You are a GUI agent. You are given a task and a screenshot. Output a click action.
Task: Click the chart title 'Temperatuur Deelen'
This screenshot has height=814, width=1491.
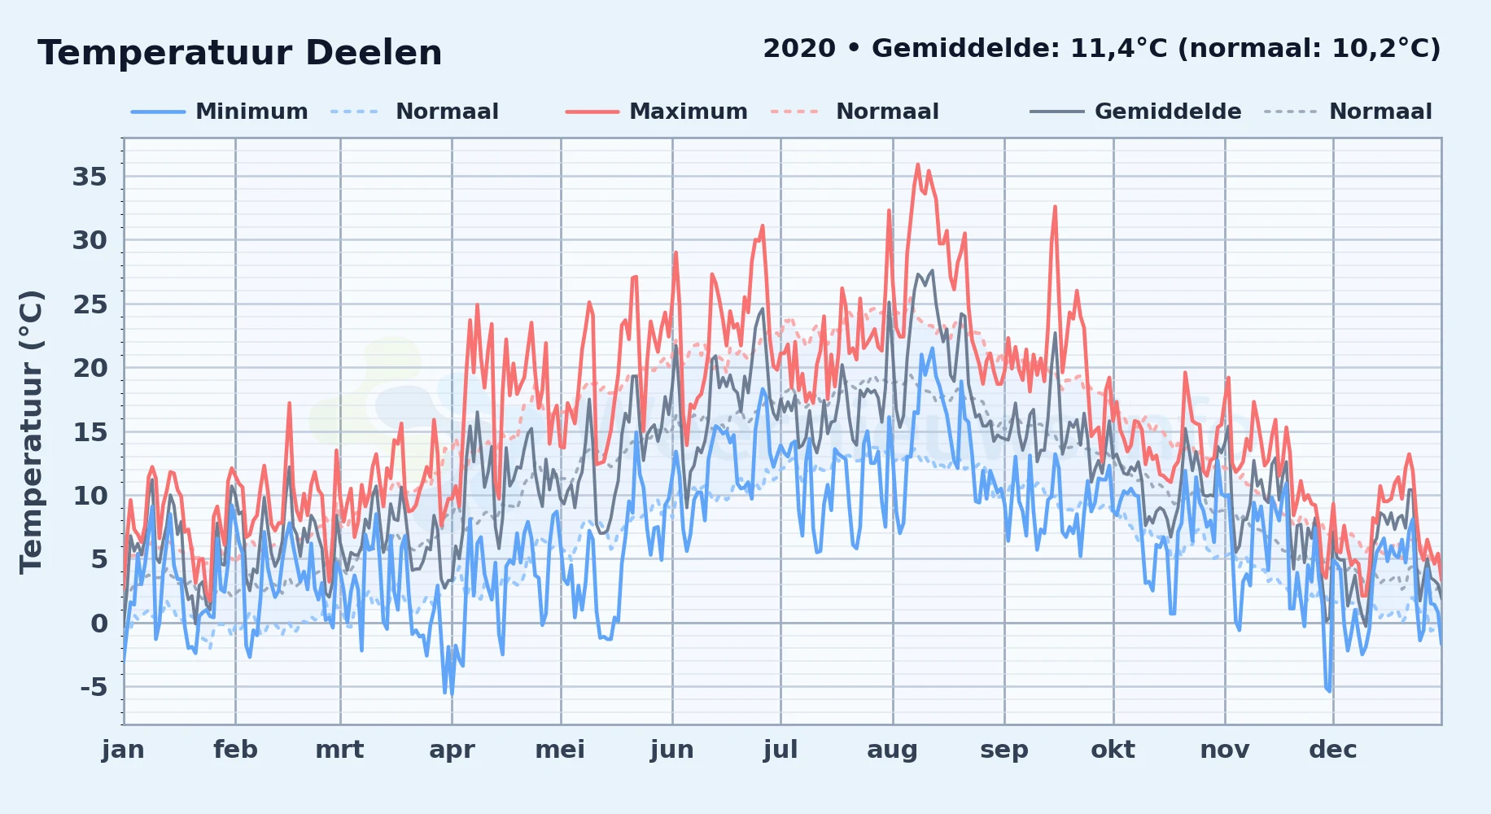click(x=240, y=53)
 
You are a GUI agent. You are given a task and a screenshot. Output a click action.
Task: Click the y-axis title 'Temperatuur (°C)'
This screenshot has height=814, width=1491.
click(x=31, y=432)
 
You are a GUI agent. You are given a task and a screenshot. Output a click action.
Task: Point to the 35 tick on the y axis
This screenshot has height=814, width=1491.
click(x=90, y=177)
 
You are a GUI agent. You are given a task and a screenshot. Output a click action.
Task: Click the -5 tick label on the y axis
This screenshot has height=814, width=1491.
click(x=94, y=687)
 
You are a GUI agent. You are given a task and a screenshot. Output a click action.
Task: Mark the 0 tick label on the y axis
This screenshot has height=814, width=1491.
click(x=99, y=624)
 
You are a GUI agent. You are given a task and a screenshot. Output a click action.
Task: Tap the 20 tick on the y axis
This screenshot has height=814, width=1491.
click(x=90, y=368)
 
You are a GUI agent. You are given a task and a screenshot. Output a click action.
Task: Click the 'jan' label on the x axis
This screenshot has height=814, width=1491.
click(x=124, y=750)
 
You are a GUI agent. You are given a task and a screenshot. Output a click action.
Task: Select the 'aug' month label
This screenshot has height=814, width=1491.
click(x=893, y=751)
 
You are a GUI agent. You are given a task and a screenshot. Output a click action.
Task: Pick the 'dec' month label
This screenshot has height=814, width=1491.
click(x=1333, y=750)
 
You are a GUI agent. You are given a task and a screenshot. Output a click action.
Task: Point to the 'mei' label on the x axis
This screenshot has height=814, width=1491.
click(x=560, y=750)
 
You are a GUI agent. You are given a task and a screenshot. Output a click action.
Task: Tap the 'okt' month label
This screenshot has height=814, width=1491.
click(x=1113, y=750)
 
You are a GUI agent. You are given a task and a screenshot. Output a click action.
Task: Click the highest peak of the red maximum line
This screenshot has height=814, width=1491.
click(x=918, y=164)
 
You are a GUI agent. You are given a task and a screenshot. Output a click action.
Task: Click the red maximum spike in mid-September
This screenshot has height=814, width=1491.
click(x=1055, y=207)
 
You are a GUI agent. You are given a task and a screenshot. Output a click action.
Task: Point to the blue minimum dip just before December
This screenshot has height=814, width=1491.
click(x=1329, y=690)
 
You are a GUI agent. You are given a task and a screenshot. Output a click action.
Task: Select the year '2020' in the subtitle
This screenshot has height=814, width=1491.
click(x=799, y=49)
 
